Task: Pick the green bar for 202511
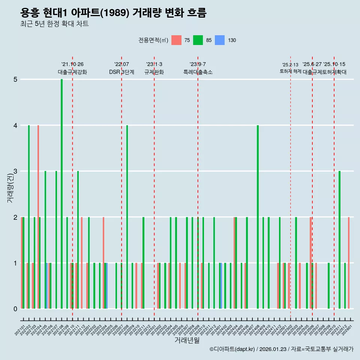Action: click(339, 240)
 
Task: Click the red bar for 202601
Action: click(349, 262)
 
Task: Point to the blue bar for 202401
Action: click(221, 286)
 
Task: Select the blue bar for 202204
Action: click(106, 286)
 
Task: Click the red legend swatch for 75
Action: click(176, 40)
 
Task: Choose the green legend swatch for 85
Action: click(198, 40)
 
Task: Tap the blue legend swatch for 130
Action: click(220, 40)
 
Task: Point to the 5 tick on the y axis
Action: click(15, 79)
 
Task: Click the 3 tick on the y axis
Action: click(15, 171)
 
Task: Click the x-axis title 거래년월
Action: click(187, 340)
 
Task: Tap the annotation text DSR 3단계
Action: click(121, 72)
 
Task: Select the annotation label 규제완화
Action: click(154, 72)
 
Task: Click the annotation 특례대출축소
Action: click(198, 72)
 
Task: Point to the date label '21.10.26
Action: click(72, 64)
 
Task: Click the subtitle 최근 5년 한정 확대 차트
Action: click(55, 24)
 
